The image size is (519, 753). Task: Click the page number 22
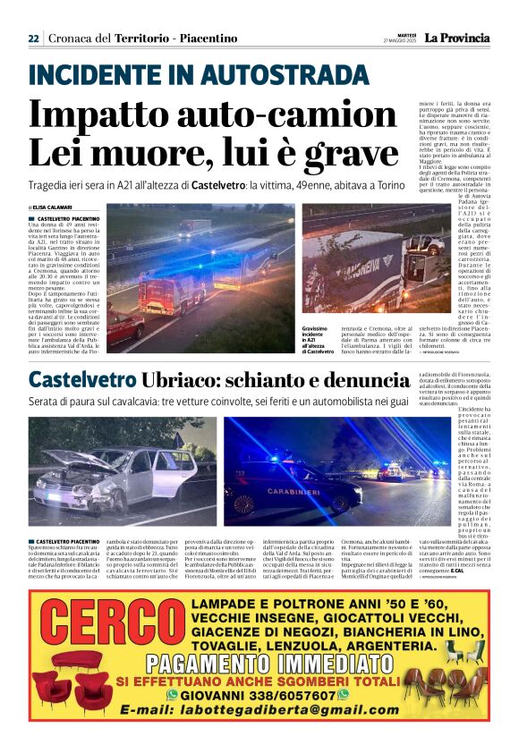pyautogui.click(x=33, y=38)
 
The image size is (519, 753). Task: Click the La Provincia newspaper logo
pyautogui.click(x=456, y=38)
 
